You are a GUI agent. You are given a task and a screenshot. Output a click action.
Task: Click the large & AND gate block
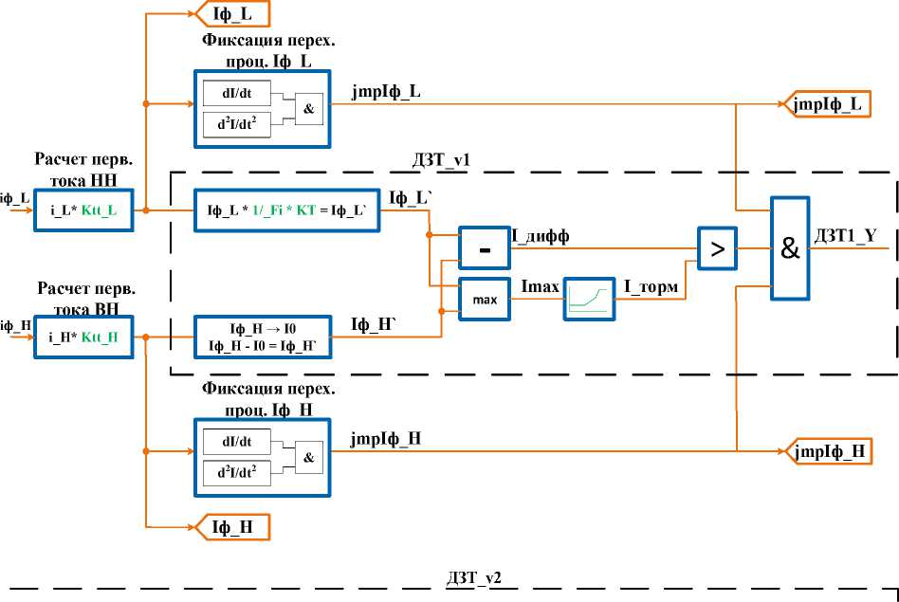(789, 246)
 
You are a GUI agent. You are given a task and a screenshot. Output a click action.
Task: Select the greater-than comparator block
(717, 249)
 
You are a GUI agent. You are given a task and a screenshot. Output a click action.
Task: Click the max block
(484, 300)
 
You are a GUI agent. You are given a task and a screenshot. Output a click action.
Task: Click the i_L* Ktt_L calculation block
(83, 209)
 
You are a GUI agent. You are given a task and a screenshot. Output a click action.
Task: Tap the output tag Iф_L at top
(231, 13)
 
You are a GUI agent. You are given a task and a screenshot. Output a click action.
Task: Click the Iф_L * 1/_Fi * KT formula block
(285, 209)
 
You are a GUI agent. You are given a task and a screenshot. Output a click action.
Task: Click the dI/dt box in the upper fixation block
(236, 92)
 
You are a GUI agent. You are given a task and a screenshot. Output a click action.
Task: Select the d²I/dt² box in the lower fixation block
(236, 470)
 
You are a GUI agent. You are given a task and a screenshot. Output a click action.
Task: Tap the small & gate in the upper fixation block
(308, 109)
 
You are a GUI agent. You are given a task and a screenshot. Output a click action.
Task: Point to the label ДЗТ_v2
(473, 576)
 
